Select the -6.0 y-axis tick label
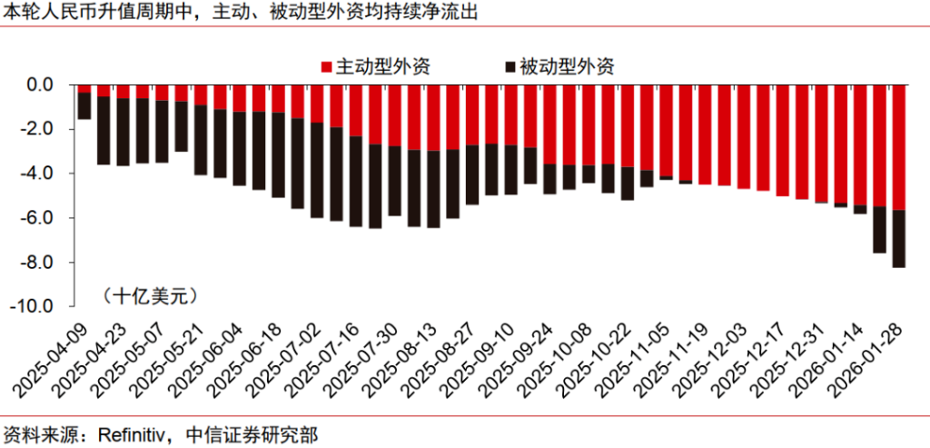click(39, 218)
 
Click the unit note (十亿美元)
click(149, 295)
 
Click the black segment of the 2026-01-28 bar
click(899, 238)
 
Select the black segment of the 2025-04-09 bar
click(84, 105)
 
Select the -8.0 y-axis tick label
click(39, 263)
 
